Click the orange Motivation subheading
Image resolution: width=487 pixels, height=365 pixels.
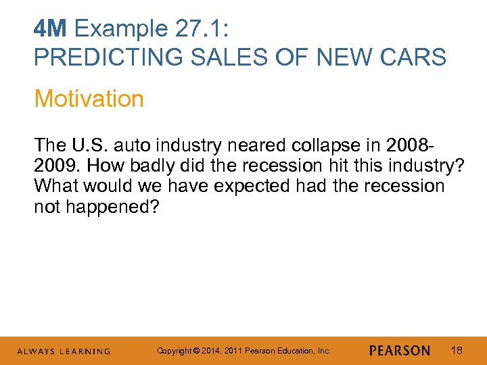(89, 99)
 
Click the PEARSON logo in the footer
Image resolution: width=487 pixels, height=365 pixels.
(400, 351)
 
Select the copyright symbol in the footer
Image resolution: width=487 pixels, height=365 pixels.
(193, 351)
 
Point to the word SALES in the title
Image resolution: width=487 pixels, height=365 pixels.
(211, 57)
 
